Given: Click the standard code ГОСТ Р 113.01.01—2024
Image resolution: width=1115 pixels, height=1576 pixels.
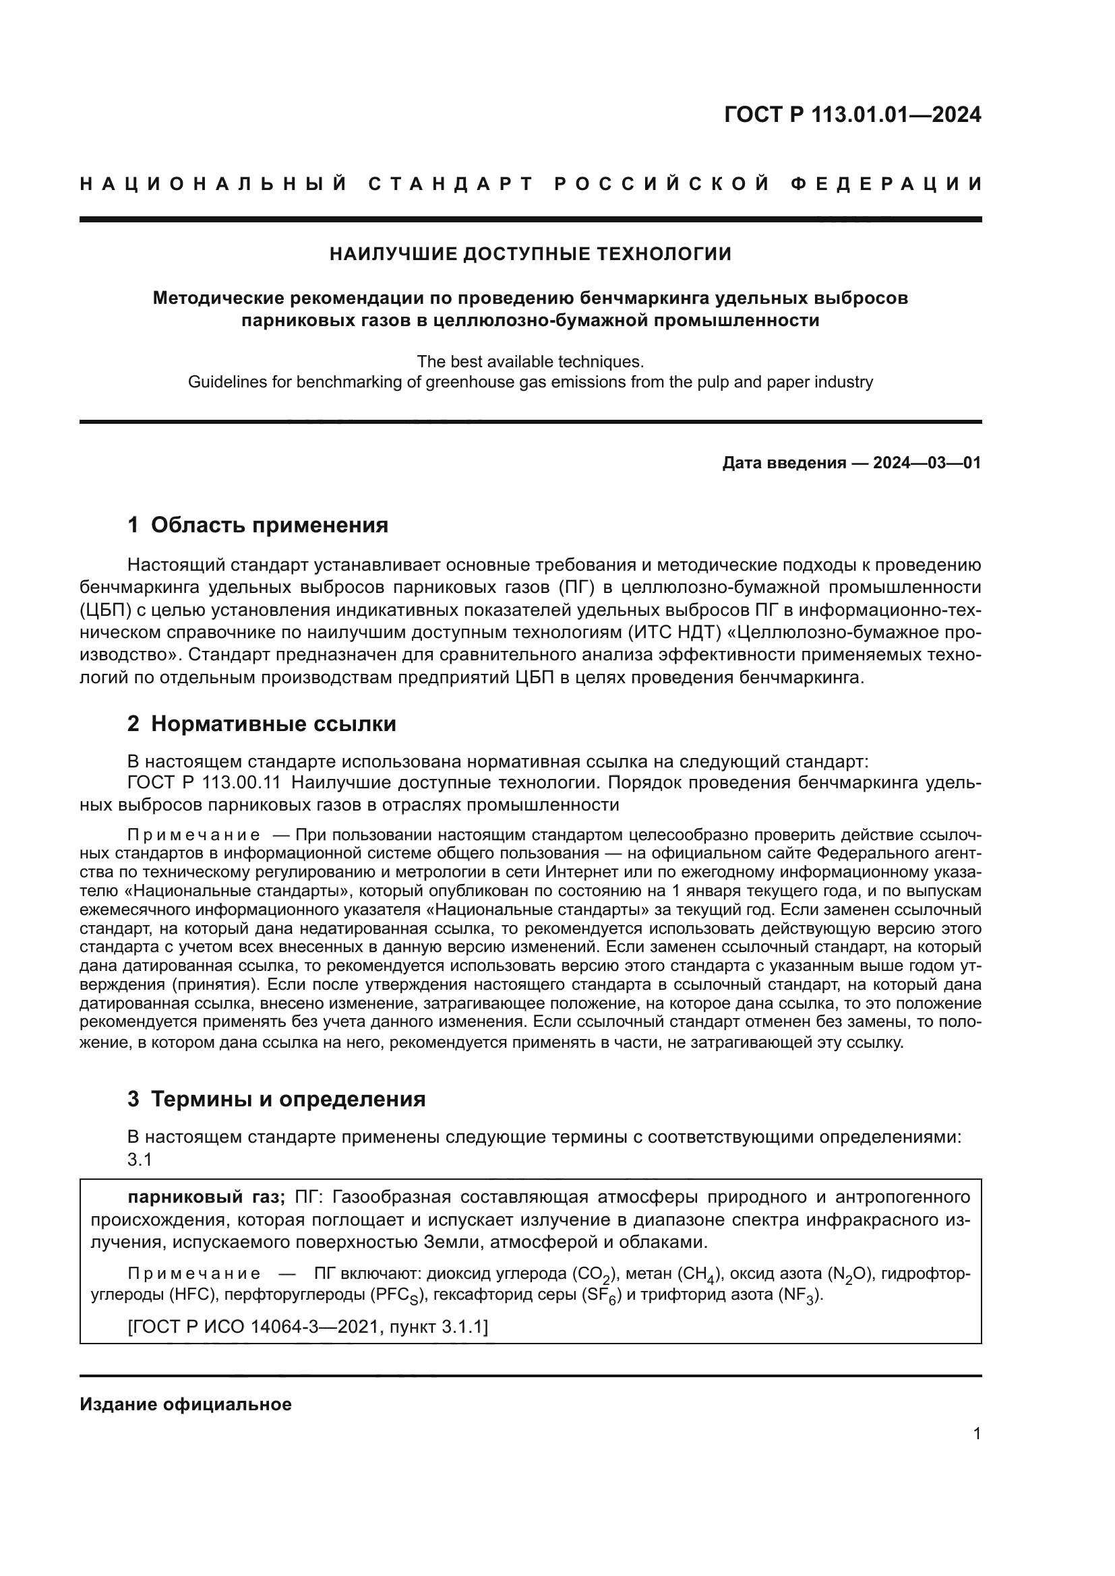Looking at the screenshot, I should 852,115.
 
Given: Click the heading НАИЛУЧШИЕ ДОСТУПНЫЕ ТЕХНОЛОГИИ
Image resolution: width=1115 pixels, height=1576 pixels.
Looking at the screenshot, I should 530,254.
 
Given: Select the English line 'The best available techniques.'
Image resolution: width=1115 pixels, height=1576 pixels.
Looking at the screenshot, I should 530,361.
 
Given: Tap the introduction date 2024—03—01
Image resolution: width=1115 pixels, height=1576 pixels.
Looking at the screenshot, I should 927,463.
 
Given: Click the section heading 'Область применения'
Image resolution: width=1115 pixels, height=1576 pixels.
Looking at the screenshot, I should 269,525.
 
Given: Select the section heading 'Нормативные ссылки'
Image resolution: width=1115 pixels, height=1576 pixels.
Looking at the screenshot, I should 273,724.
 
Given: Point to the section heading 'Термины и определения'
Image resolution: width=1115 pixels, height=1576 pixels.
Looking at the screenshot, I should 288,1099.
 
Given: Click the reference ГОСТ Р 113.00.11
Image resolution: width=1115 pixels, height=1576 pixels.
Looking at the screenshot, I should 204,782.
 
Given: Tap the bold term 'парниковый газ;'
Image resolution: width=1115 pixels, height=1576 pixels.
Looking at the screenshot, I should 206,1197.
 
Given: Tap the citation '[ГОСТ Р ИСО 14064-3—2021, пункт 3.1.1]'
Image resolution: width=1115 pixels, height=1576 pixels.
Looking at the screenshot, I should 307,1327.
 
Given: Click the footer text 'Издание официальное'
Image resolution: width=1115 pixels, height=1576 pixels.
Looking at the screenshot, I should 185,1404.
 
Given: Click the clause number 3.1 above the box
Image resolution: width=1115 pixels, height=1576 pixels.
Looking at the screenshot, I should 140,1160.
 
